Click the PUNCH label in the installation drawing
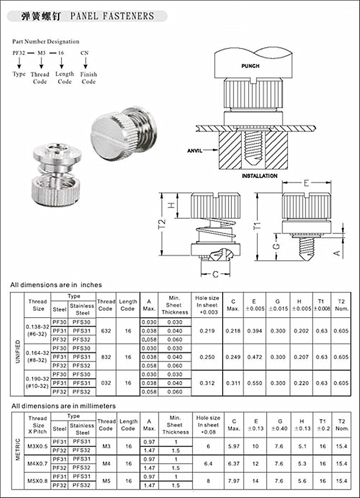pos(250,66)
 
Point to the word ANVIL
pos(197,150)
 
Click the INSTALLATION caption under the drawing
pos(259,176)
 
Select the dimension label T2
pos(162,224)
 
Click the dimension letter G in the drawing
pos(276,247)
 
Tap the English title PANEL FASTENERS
pos(112,16)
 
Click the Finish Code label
pos(88,78)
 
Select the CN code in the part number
pos(84,52)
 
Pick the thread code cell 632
pos(106,331)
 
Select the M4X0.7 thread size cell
pos(38,463)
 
